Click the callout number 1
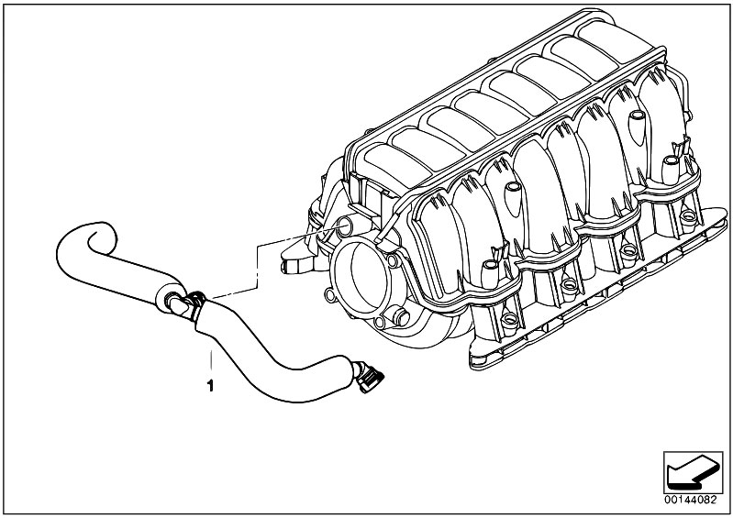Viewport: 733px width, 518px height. click(210, 386)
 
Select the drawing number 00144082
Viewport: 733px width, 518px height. click(691, 500)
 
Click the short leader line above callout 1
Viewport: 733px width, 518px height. click(211, 360)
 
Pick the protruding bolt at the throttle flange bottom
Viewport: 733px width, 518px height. click(400, 316)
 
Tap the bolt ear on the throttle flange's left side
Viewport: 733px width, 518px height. click(330, 294)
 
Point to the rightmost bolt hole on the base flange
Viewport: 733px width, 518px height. click(688, 216)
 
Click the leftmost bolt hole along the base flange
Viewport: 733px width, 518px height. click(508, 319)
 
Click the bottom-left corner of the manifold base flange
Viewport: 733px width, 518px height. click(472, 364)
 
